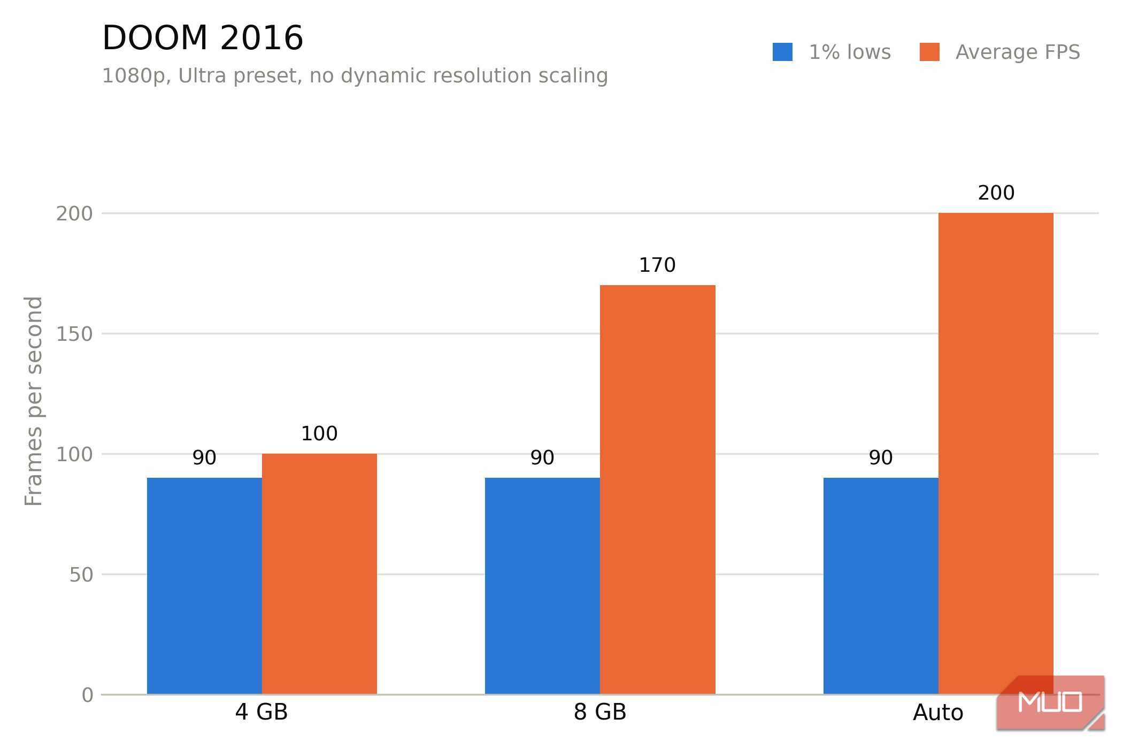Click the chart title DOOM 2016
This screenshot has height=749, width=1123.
203,38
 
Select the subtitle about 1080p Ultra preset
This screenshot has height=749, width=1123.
355,76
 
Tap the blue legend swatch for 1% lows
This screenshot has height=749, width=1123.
782,52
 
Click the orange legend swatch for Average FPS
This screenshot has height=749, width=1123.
929,52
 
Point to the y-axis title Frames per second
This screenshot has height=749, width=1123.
34,401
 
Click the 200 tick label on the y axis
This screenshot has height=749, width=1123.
74,213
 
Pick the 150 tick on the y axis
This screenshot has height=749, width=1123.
74,334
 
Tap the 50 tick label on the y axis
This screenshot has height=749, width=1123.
81,575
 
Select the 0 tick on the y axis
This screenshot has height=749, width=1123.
87,695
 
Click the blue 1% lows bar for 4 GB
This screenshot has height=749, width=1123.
204,586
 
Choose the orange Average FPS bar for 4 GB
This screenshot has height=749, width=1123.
319,574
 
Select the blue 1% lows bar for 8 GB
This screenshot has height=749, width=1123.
542,586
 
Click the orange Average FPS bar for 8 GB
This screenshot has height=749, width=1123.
658,490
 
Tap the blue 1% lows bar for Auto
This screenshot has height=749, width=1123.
881,586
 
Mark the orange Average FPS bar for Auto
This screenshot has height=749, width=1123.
996,454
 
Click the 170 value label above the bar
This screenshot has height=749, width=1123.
657,265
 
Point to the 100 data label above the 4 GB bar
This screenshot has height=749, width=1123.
319,433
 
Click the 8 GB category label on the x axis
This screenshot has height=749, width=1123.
600,712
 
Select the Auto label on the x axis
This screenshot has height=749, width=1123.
938,713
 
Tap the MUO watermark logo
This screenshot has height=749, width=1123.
1050,702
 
